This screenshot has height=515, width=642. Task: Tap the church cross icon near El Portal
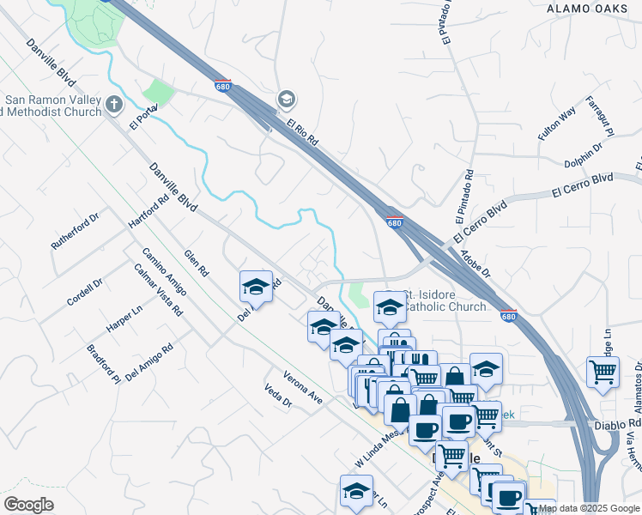pos(115,106)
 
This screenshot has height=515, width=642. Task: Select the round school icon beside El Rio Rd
pos(287,100)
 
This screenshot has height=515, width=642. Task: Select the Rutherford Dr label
pos(76,230)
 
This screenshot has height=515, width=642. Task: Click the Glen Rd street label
pos(197,263)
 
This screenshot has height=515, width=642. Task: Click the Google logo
pos(28,505)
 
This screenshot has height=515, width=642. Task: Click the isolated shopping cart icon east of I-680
pos(603,373)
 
